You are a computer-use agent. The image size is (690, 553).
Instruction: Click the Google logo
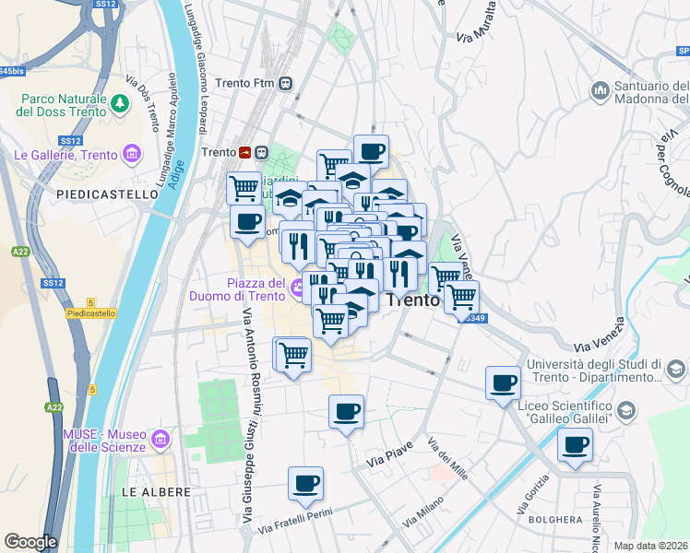(x=30, y=542)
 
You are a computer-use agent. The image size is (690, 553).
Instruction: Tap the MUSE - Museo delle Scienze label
(x=104, y=440)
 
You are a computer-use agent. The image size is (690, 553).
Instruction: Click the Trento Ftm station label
(x=245, y=83)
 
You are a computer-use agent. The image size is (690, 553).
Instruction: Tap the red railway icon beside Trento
(x=245, y=152)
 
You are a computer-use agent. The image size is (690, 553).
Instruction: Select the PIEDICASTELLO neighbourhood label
(x=108, y=194)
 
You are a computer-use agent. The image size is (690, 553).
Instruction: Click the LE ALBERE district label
(x=156, y=492)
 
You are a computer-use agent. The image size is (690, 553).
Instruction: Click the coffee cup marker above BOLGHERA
(x=574, y=444)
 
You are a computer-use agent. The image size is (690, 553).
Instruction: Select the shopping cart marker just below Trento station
(x=244, y=187)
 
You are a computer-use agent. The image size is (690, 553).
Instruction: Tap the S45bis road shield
(x=11, y=70)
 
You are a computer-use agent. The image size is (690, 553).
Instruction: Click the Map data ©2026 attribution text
(x=650, y=546)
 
